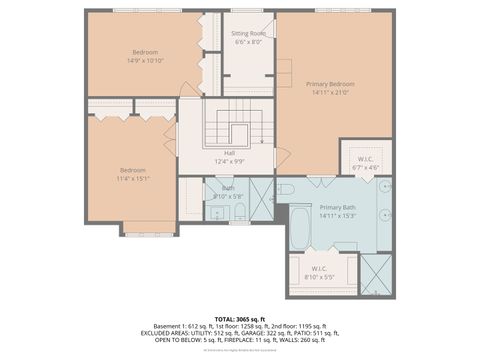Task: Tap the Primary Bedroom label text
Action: coord(329,84)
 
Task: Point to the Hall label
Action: coord(229,153)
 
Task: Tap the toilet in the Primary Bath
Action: coord(286,188)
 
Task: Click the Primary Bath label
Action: coord(338,207)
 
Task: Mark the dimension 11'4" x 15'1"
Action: coord(133,179)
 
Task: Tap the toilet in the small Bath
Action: coord(240,213)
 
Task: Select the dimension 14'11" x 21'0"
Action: coord(329,93)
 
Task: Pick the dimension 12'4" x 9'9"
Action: coord(229,161)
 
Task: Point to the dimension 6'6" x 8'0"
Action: coord(247,42)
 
